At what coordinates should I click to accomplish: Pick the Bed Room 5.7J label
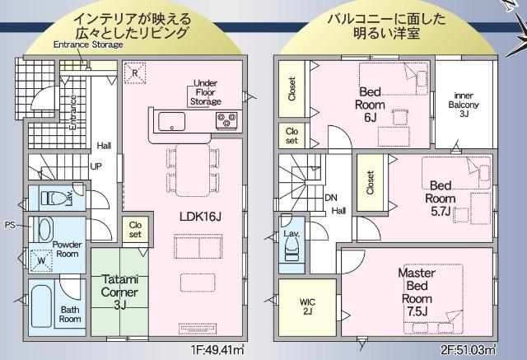(440, 199)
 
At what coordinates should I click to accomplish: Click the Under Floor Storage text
(205, 92)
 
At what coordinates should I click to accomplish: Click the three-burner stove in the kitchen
(226, 123)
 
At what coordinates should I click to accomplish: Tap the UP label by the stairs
(96, 166)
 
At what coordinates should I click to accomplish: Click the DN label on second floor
(331, 199)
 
